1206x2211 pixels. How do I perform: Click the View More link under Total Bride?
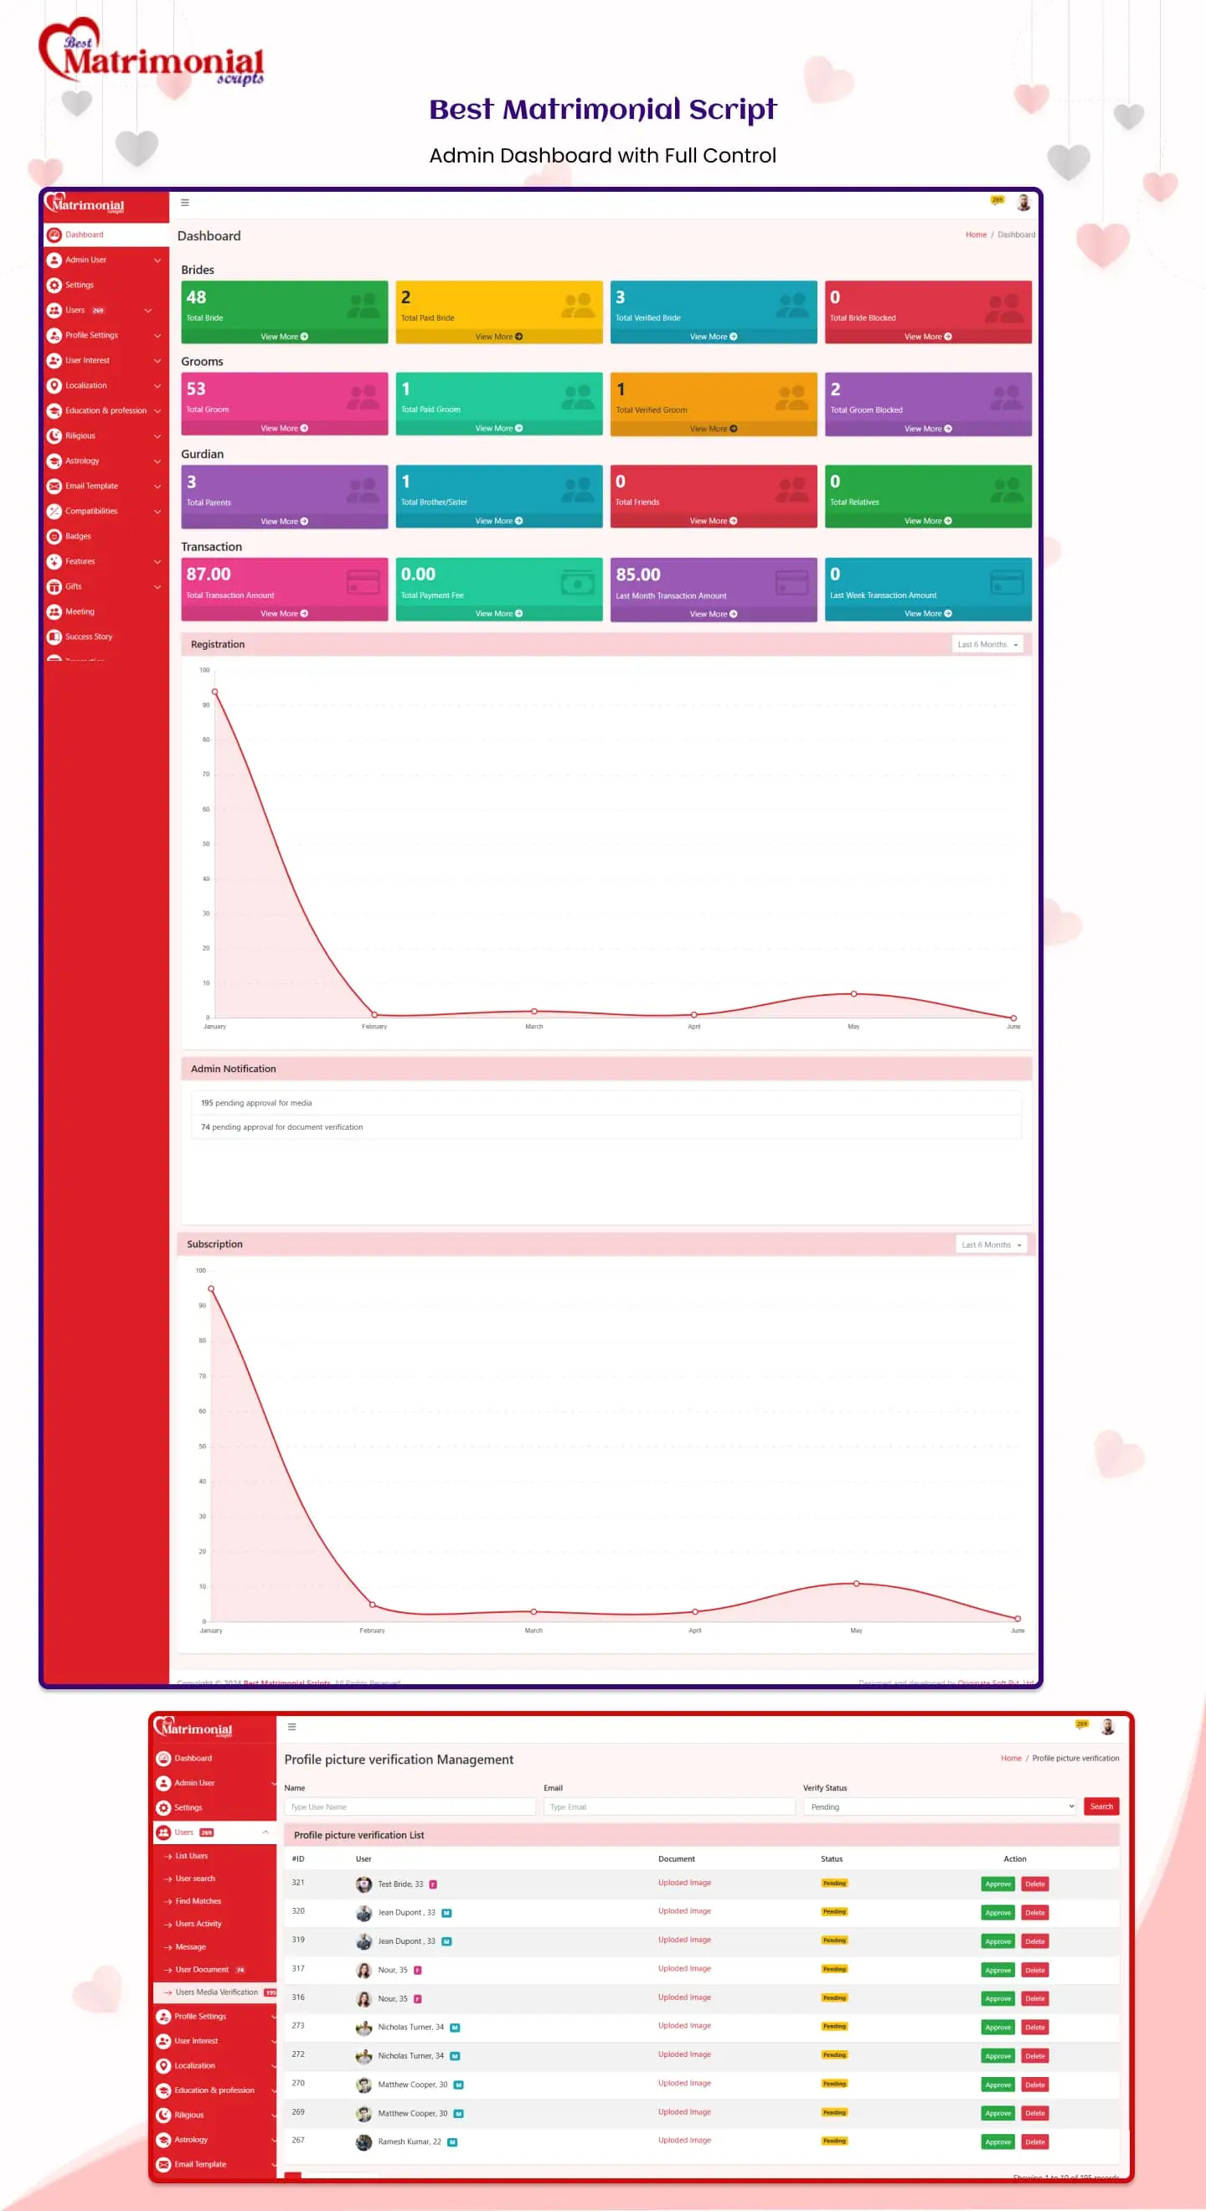284,337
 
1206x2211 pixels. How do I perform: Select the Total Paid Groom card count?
406,389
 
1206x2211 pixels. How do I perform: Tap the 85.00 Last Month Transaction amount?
638,575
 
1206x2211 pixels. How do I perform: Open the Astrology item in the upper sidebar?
82,461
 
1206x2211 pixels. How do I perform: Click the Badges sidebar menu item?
78,537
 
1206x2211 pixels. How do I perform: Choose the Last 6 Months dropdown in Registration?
988,645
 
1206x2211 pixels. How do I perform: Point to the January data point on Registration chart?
214,692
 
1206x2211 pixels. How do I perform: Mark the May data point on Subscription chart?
856,1584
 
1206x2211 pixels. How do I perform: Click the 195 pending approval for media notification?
256,1103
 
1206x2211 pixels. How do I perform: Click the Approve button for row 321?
997,1884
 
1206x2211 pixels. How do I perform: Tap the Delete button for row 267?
1035,2141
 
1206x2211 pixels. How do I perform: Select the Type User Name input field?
410,1806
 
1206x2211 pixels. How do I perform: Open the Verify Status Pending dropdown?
939,1806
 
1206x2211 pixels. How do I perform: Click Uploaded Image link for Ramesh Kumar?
684,2140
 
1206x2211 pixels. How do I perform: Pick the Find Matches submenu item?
198,1901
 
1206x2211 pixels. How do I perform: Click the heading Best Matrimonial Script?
602,109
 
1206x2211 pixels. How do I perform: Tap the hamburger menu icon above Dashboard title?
184,203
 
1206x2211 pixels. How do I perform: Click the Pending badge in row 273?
834,2027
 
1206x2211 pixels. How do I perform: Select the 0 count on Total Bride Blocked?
835,297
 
